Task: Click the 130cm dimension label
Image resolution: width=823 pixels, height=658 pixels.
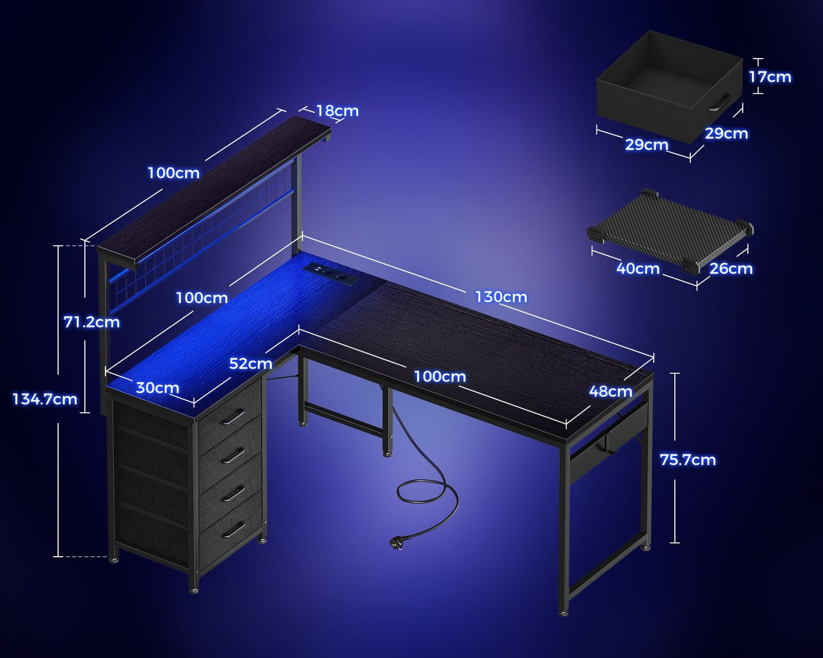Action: tap(501, 297)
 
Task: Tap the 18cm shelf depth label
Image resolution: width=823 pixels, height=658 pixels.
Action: tap(337, 110)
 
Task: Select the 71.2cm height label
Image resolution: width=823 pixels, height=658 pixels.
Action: tap(92, 322)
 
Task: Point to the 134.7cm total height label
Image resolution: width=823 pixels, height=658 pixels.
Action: tap(45, 399)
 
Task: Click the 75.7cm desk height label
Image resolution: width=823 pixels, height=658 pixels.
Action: tap(687, 459)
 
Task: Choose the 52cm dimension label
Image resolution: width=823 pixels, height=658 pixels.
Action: tap(251, 363)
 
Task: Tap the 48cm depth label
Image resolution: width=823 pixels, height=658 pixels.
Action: tap(611, 391)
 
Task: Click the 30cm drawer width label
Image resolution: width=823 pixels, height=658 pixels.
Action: tap(157, 388)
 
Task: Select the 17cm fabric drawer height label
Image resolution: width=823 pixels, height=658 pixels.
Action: tap(769, 77)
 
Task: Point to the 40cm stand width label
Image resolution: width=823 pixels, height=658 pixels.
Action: tap(638, 268)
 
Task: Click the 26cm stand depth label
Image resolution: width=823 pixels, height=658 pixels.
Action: tap(731, 268)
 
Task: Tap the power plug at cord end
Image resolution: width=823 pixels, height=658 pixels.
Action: tap(398, 543)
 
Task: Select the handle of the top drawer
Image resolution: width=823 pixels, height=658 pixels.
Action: tap(232, 417)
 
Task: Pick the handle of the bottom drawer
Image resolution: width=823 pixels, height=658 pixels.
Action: tap(232, 530)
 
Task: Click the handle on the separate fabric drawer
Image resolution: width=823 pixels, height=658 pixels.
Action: tap(720, 102)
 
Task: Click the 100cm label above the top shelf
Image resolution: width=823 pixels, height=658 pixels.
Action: tap(174, 173)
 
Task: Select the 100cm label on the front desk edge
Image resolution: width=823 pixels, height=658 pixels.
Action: tap(439, 376)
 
